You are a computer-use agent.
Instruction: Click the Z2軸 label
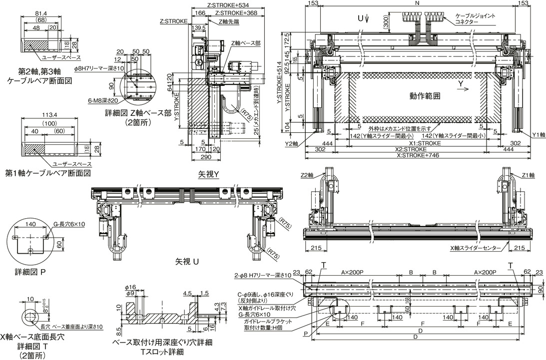coord(307,175)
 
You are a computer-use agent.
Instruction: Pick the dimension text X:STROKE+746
coord(417,155)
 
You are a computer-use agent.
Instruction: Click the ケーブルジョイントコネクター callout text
coord(475,19)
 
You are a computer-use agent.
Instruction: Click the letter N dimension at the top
coord(417,3)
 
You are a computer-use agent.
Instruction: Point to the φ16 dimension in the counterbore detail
coord(130,287)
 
